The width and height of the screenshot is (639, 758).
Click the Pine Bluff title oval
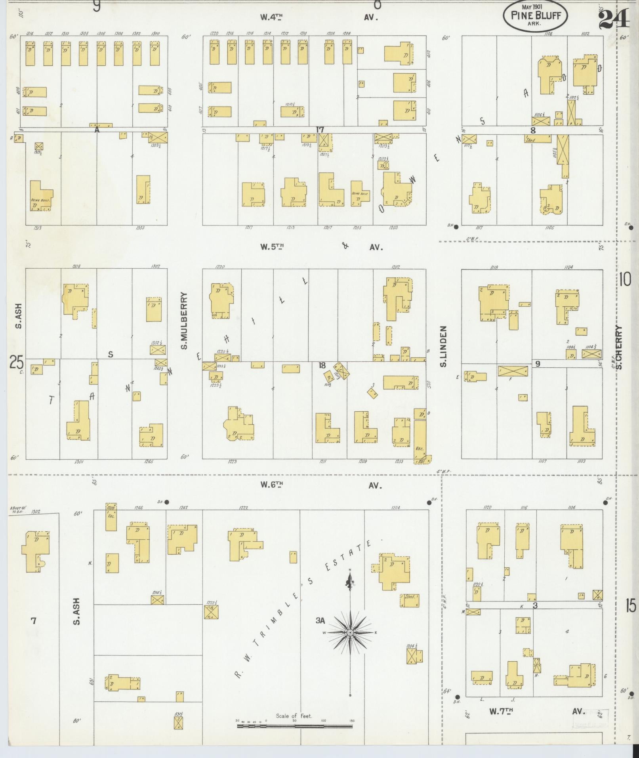coord(535,15)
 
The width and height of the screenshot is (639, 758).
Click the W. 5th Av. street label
coord(272,247)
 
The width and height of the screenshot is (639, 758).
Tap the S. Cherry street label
coord(619,347)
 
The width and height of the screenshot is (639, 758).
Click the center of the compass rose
coord(350,633)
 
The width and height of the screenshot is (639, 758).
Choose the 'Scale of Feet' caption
coord(294,716)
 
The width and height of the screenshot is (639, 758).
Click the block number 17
coord(320,130)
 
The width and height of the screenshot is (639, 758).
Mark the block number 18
coord(322,365)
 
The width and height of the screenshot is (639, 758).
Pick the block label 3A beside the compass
coord(320,621)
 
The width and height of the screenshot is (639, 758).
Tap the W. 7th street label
coord(501,711)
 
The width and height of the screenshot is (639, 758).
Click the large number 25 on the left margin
coord(17,362)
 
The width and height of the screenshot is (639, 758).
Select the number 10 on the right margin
coord(625,280)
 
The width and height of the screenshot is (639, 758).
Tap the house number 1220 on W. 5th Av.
coord(219,267)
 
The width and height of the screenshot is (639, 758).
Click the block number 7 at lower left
coord(34,621)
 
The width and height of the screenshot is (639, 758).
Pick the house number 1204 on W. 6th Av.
coord(395,508)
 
